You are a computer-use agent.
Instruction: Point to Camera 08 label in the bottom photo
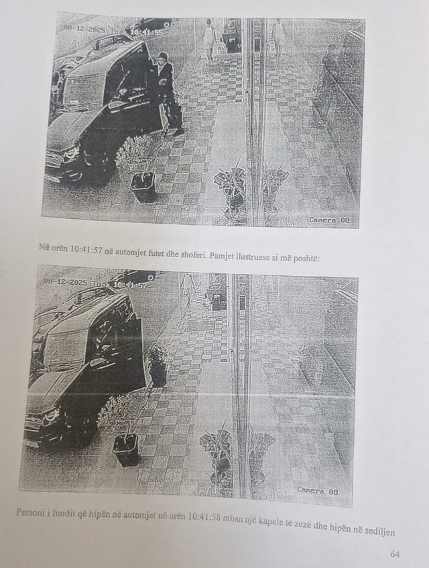pyautogui.click(x=320, y=490)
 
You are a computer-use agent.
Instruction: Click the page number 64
pyautogui.click(x=395, y=554)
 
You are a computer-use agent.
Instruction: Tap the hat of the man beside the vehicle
pyautogui.click(x=162, y=57)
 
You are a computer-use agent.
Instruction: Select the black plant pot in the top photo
pyautogui.click(x=143, y=187)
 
